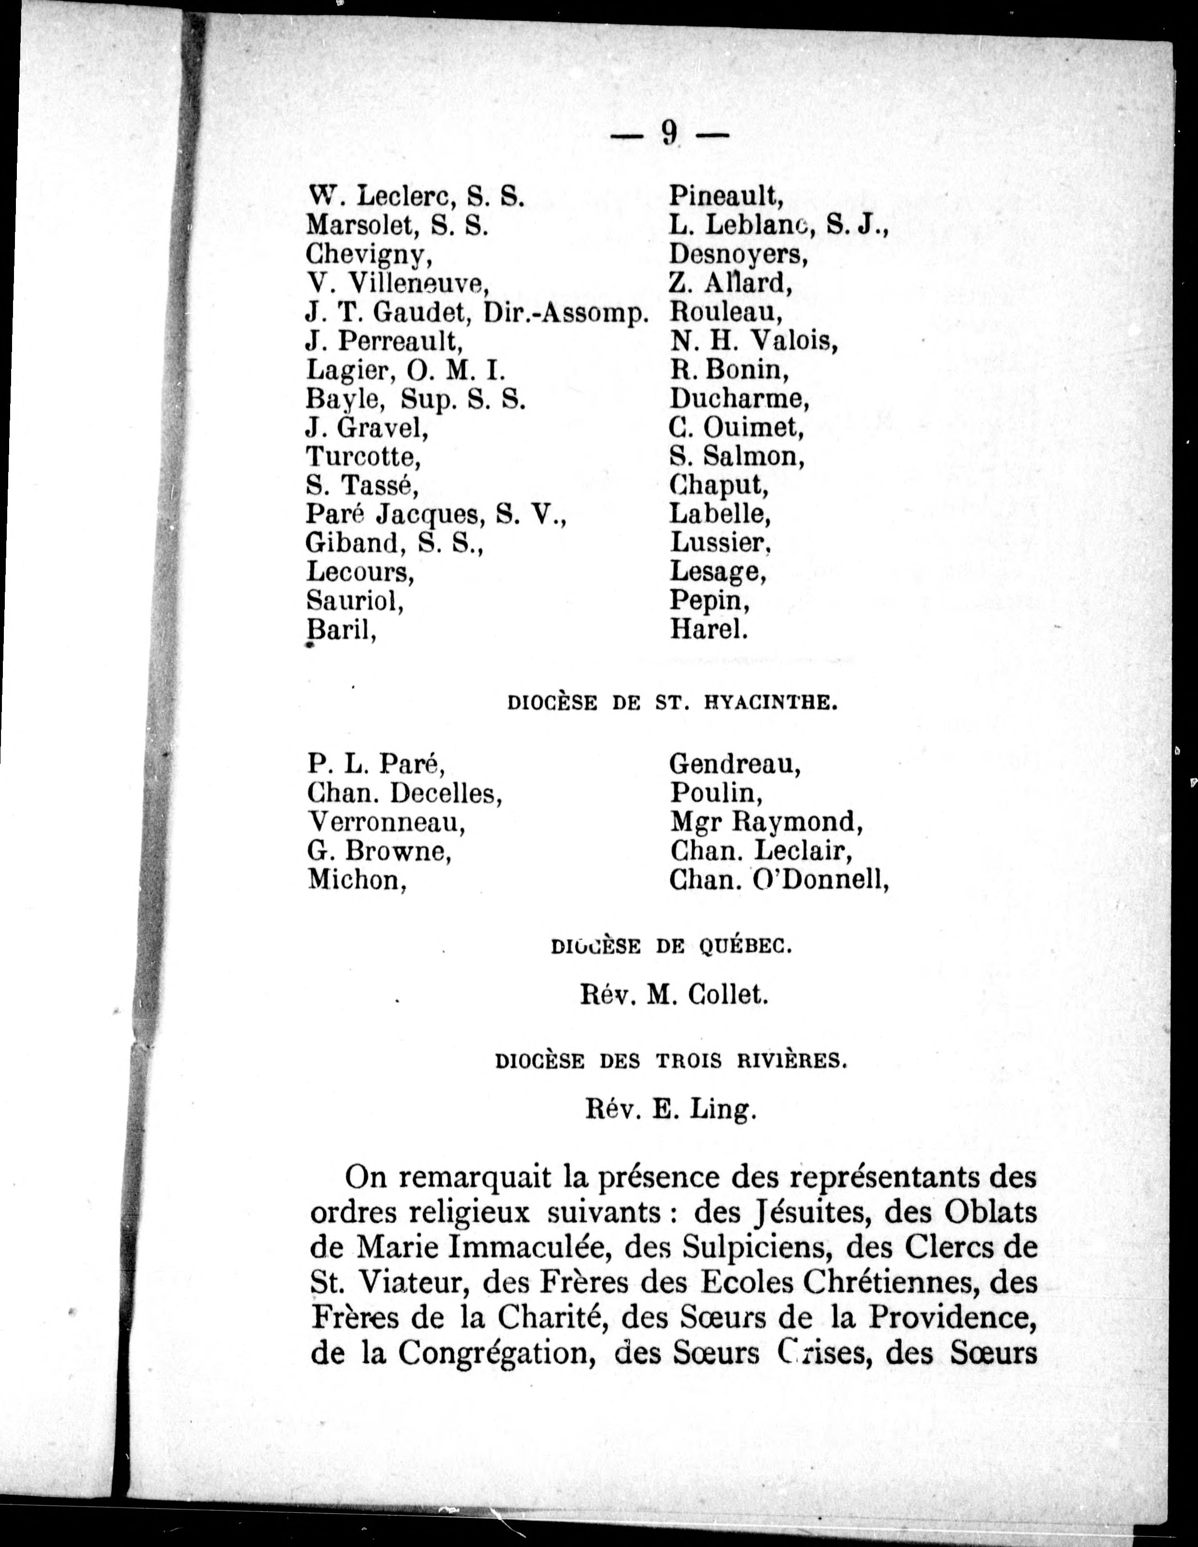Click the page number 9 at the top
pos(669,133)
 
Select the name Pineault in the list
pos(727,195)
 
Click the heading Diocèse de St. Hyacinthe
pos(672,704)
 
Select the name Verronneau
pos(387,822)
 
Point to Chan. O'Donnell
pos(778,880)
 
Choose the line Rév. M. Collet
pos(674,995)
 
